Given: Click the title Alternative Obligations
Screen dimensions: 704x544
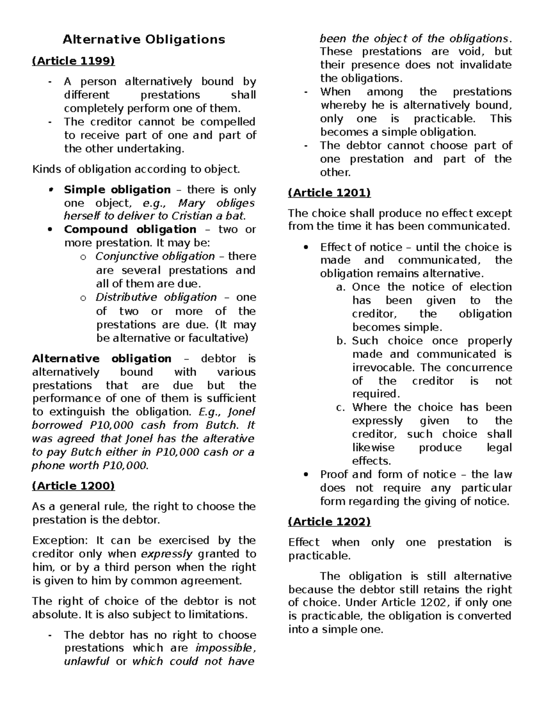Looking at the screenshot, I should point(144,40).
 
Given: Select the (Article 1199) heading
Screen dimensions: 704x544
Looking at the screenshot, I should point(73,61).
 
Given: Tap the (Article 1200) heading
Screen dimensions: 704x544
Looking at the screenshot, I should point(73,486).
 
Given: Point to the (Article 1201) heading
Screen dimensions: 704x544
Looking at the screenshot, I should point(330,193).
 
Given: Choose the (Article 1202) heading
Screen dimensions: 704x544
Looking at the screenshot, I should point(330,522).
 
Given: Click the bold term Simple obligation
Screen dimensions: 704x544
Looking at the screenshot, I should point(117,189).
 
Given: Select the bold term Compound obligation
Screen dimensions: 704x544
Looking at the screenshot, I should point(130,229).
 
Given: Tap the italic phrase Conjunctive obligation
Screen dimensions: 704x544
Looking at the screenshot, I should point(155,257).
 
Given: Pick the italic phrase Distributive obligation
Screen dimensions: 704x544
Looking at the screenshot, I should point(156,297).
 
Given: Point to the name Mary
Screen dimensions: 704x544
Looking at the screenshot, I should point(192,203).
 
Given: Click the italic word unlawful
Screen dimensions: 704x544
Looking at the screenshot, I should point(87,661).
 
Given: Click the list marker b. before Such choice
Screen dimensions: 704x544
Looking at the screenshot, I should point(342,341).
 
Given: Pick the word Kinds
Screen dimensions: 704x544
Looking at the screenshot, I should point(46,170).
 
